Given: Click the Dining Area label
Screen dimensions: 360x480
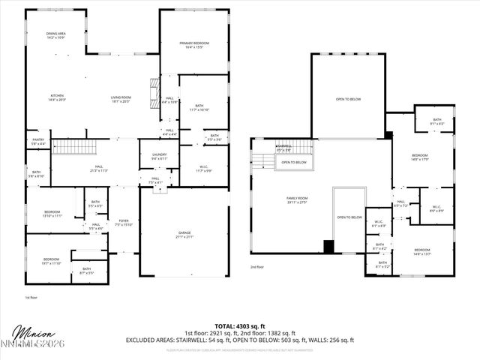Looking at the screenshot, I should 56,34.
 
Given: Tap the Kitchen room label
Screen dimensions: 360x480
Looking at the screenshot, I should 57,97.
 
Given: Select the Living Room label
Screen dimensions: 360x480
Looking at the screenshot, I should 121,98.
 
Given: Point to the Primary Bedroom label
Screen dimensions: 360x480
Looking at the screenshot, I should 194,45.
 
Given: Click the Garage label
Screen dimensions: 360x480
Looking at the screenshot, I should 184,235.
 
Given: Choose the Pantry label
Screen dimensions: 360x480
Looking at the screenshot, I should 37,141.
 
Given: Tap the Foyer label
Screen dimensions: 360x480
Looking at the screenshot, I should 123,222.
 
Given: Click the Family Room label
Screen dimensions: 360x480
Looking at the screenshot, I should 292,200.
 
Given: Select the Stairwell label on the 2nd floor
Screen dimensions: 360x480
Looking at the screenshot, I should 283,148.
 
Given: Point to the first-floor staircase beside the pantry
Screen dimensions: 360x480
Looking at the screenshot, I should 74,146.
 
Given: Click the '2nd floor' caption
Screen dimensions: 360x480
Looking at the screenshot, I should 257,266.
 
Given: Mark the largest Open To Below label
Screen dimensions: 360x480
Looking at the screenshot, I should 348,99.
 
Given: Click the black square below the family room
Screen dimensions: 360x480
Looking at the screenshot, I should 328,247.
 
